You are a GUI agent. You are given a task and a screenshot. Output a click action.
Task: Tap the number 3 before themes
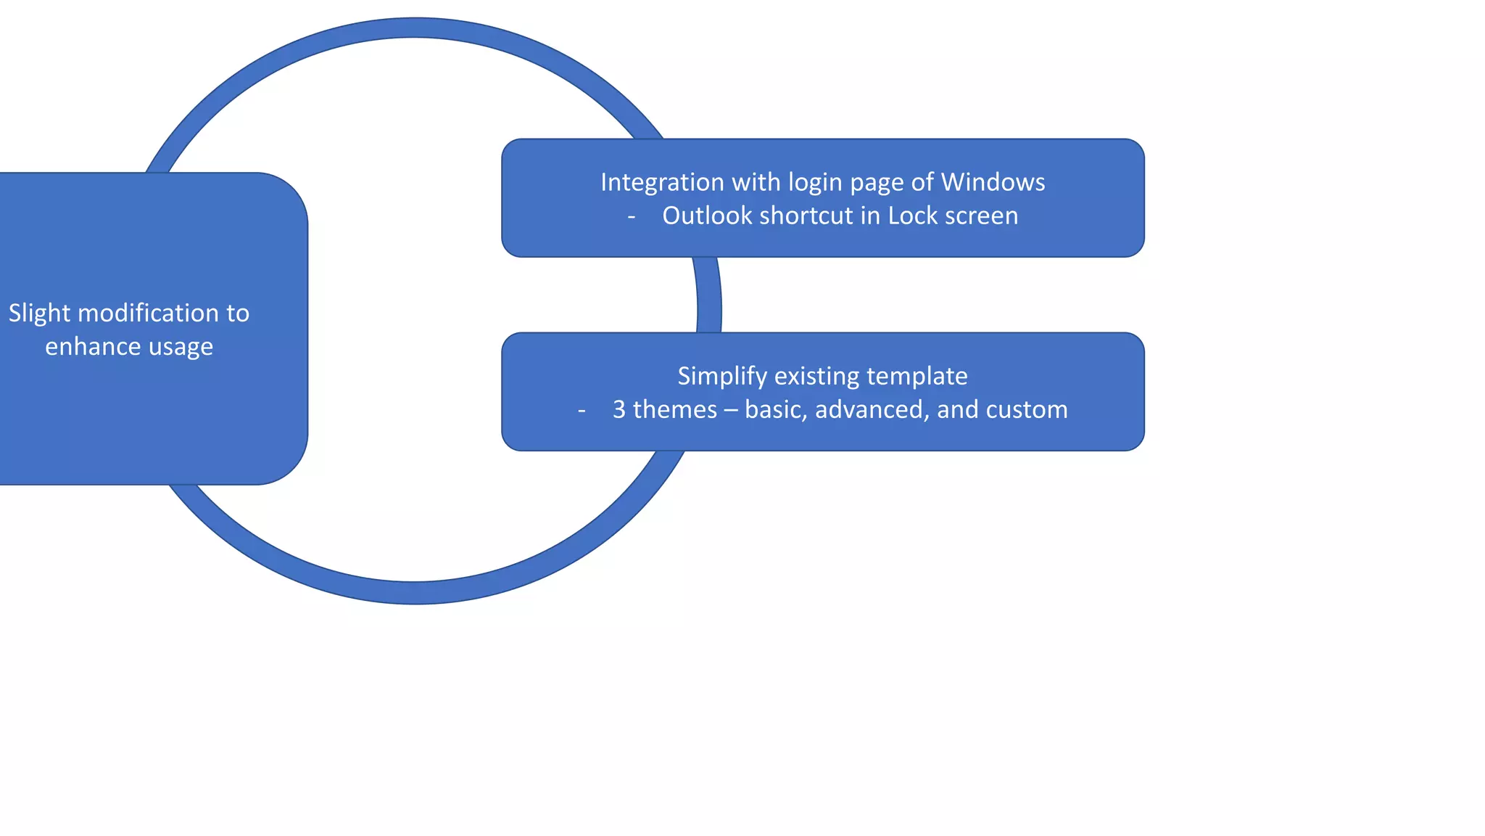coord(619,409)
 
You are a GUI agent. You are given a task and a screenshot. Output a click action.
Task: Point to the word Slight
coord(39,313)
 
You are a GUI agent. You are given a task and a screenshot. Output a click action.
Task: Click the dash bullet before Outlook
coord(632,216)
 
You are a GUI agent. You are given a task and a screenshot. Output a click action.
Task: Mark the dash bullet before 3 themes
coord(582,410)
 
